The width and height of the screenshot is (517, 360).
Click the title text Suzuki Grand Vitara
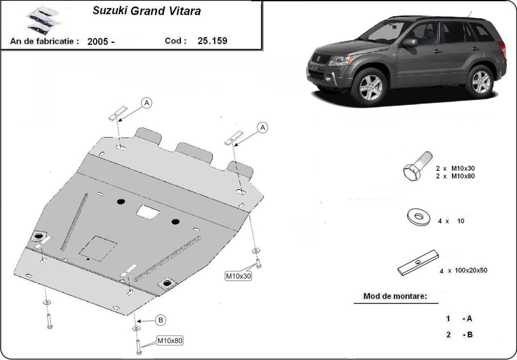point(146,11)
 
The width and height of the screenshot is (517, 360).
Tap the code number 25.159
point(212,41)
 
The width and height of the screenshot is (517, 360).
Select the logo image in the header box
point(39,22)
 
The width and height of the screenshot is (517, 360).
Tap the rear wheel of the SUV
point(480,81)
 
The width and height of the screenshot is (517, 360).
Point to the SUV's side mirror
point(410,42)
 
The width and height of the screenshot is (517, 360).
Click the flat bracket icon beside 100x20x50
point(417,263)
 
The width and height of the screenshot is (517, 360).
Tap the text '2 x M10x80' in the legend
point(457,175)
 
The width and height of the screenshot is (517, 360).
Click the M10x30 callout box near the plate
point(238,276)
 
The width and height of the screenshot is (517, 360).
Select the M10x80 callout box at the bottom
point(169,341)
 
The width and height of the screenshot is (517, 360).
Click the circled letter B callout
point(160,320)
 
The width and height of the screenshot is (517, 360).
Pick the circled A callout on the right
point(262,127)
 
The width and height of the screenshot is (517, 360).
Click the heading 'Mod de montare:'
point(395,296)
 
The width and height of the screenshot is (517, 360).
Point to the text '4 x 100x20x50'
point(463,271)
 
